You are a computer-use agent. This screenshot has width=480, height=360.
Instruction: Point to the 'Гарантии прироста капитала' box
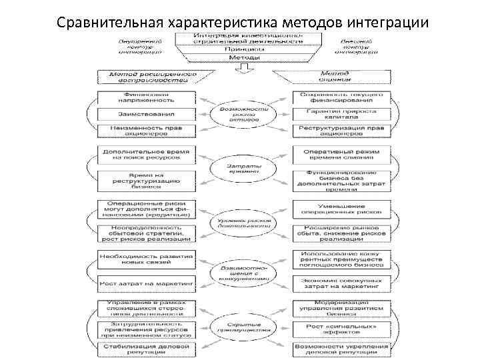point(341,113)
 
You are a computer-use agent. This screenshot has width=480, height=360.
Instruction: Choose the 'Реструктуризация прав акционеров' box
point(341,130)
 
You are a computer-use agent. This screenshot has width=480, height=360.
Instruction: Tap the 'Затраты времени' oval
point(243,167)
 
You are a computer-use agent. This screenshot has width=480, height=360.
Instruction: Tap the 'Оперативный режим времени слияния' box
point(341,155)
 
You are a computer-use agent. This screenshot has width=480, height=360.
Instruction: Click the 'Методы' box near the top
point(241,57)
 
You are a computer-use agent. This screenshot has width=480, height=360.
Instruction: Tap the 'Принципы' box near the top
point(241,49)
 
